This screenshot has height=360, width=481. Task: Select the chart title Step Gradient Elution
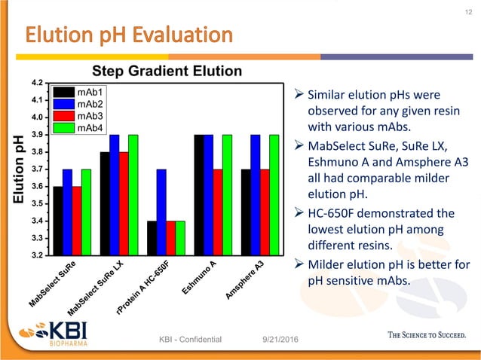point(167,71)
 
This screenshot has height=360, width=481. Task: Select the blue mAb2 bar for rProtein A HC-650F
point(161,212)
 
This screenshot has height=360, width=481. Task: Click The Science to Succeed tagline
point(415,335)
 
